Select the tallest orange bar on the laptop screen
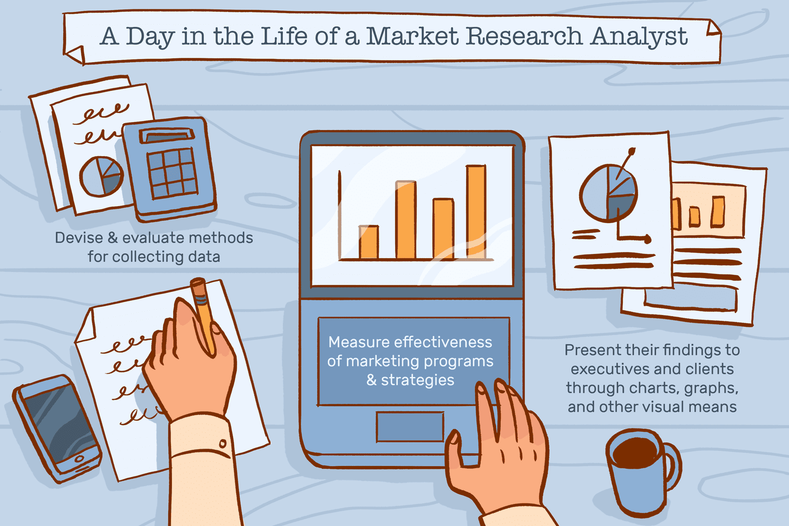[476, 212]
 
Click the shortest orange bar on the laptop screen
[369, 242]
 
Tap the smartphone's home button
[79, 459]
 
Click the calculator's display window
[167, 135]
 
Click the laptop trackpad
[410, 426]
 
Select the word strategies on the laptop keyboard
[418, 381]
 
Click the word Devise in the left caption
[79, 238]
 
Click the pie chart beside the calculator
[102, 177]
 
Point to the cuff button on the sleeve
[222, 443]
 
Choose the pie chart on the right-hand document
[608, 193]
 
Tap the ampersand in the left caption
[113, 238]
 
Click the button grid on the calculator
[172, 173]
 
